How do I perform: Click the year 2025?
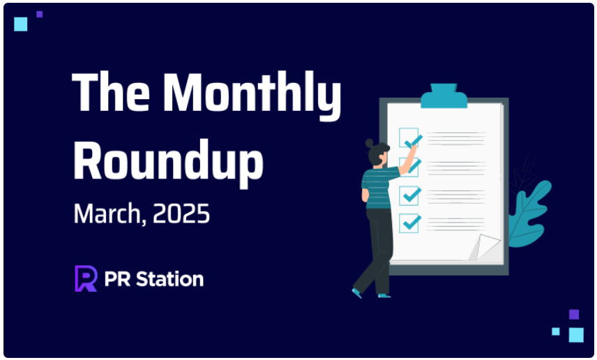click(181, 213)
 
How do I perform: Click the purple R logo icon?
click(86, 278)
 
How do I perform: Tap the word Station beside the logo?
click(169, 279)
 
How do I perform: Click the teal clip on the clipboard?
click(444, 96)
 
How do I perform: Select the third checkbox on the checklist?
click(409, 196)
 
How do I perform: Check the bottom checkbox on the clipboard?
click(409, 223)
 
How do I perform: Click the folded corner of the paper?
click(486, 246)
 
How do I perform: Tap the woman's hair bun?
click(370, 143)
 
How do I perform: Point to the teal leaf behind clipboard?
click(529, 213)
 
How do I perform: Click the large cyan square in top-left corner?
click(20, 24)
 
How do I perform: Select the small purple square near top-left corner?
click(40, 15)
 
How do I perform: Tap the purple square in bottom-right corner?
click(574, 314)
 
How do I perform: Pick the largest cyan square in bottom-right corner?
click(576, 335)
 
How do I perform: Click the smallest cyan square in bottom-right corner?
click(556, 331)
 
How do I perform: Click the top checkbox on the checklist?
click(409, 137)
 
